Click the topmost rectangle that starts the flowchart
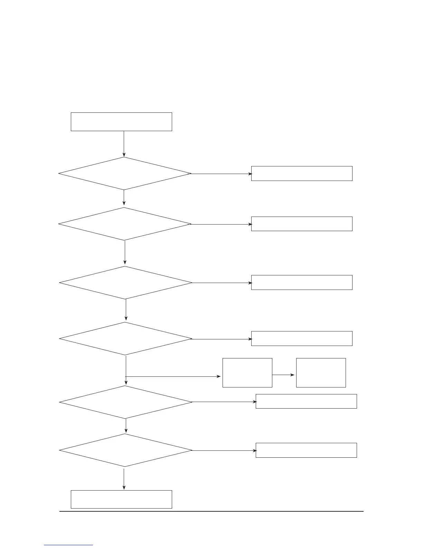pyautogui.click(x=121, y=121)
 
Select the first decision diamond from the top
pyautogui.click(x=125, y=174)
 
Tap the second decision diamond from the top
pyautogui.click(x=125, y=224)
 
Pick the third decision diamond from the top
pyautogui.click(x=125, y=283)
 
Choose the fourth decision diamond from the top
pyautogui.click(x=125, y=339)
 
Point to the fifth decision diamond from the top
pyautogui.click(x=125, y=402)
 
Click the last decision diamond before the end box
pyautogui.click(x=125, y=450)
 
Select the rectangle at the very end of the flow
pyautogui.click(x=121, y=499)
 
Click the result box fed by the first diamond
pyautogui.click(x=302, y=173)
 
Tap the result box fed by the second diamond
pyautogui.click(x=302, y=224)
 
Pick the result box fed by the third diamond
pyautogui.click(x=302, y=282)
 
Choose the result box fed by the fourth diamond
pyautogui.click(x=302, y=338)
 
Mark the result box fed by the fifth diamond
pyautogui.click(x=306, y=401)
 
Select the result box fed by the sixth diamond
pyautogui.click(x=306, y=450)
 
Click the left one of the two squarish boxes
pyautogui.click(x=247, y=373)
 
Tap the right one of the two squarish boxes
pyautogui.click(x=321, y=373)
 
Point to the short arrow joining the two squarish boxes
pyautogui.click(x=284, y=375)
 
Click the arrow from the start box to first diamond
pyautogui.click(x=124, y=144)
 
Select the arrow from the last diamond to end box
pyautogui.click(x=124, y=478)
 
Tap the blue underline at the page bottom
pyautogui.click(x=69, y=545)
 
